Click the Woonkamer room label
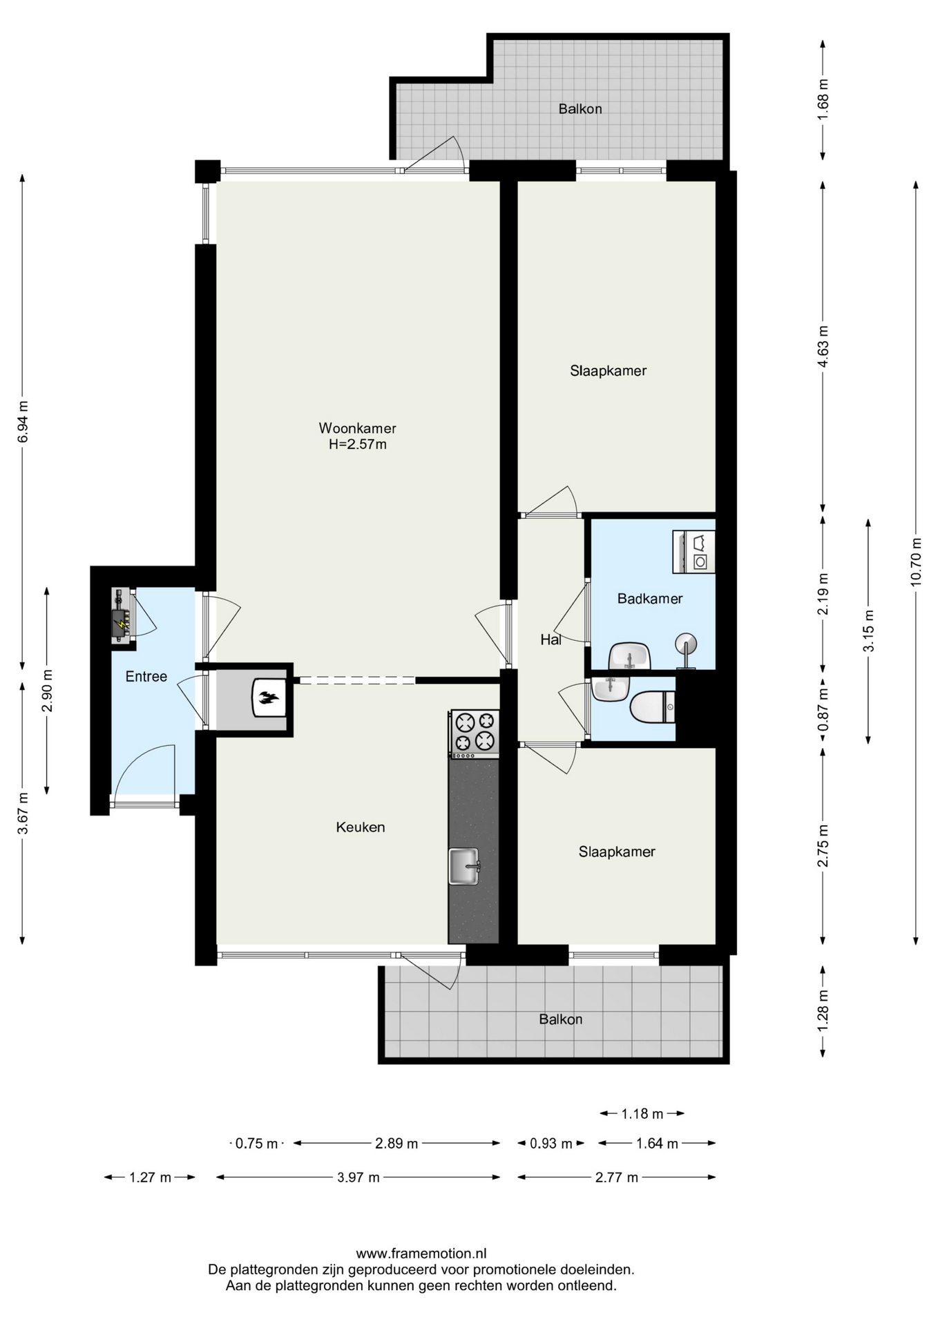point(357,428)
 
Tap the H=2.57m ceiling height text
point(357,445)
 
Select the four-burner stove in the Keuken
point(474,732)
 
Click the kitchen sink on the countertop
point(464,866)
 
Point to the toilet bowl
point(652,707)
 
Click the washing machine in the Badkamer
point(693,552)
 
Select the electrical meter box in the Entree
point(123,616)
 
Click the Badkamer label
point(650,599)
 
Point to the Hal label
point(551,640)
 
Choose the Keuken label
point(361,827)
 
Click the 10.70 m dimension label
point(916,561)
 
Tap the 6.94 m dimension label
point(23,421)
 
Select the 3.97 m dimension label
point(358,1178)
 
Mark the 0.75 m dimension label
point(256,1144)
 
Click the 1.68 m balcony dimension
point(823,99)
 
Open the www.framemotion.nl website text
point(421,1253)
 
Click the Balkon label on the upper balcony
point(580,109)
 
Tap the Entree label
point(146,677)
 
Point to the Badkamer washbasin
point(630,656)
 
